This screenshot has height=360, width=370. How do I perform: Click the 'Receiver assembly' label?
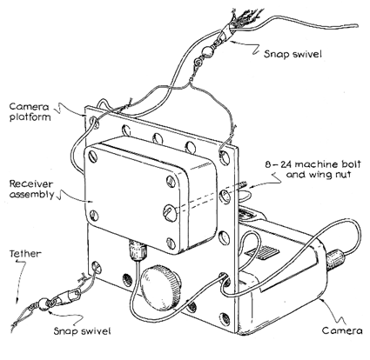[x=31, y=189]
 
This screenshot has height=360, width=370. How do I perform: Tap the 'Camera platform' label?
[x=30, y=111]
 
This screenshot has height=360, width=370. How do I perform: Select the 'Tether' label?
[x=25, y=254]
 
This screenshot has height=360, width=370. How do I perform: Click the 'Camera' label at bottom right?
[x=342, y=330]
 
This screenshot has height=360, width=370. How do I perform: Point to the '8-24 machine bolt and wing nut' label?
[x=313, y=170]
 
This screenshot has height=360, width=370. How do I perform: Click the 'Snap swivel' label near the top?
[x=293, y=54]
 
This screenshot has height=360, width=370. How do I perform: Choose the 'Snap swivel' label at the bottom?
[x=82, y=331]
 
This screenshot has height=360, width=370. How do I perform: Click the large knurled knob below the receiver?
[x=160, y=288]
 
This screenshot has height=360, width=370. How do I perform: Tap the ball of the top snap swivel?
[x=208, y=52]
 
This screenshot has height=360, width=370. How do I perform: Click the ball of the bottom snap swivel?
[x=43, y=303]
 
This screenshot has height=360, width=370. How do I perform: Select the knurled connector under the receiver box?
[x=138, y=250]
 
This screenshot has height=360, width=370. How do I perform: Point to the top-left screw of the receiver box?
[x=94, y=157]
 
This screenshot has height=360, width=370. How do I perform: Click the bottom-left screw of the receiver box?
[x=94, y=216]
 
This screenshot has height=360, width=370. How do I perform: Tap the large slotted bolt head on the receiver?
[x=170, y=213]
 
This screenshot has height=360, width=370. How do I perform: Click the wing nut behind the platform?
[x=245, y=196]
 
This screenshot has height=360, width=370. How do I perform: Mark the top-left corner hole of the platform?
[x=94, y=122]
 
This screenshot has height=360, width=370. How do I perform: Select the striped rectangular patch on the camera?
[x=264, y=253]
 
